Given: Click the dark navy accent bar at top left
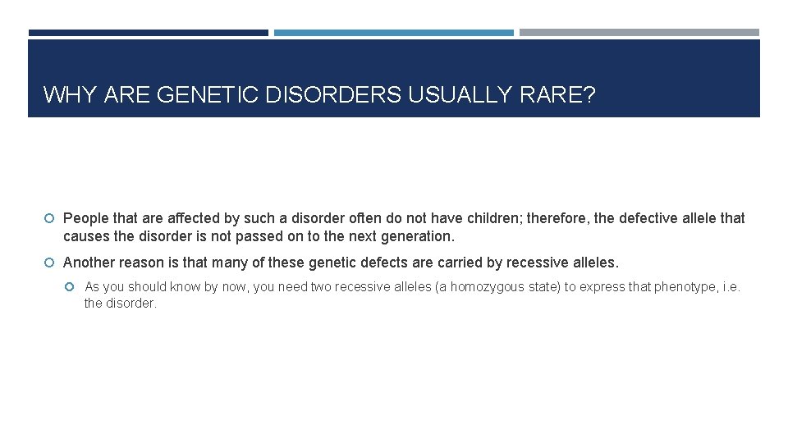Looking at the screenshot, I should tap(148, 33).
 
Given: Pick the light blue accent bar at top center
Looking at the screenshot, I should tap(393, 33).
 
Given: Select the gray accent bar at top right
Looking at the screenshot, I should tap(639, 33).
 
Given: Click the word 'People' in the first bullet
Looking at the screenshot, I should tap(85, 218).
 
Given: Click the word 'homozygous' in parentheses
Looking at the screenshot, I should tap(485, 287).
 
